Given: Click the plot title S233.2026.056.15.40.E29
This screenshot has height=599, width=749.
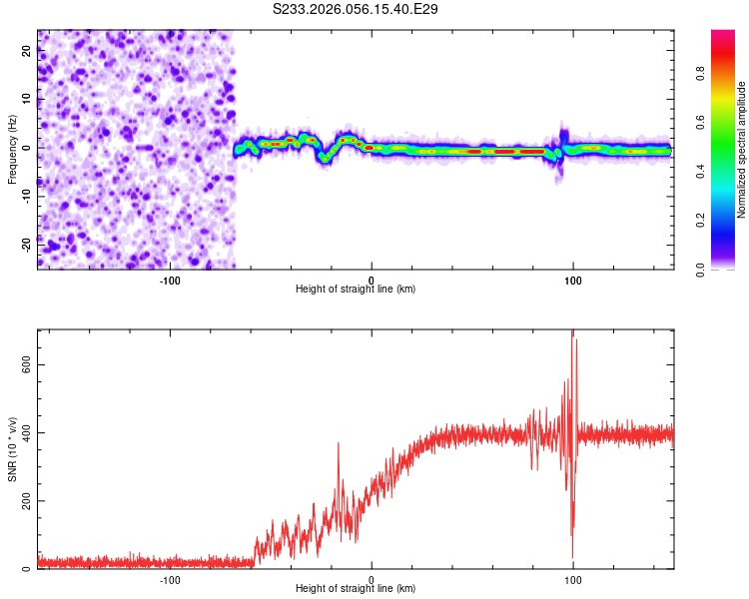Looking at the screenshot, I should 356,9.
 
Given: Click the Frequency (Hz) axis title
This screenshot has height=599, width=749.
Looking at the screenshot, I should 12,148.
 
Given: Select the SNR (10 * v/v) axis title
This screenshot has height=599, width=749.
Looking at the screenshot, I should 12,449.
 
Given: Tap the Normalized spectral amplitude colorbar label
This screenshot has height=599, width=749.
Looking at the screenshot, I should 742,150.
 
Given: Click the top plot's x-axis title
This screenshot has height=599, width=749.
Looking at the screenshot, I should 356,289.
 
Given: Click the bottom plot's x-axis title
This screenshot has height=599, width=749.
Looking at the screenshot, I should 356,588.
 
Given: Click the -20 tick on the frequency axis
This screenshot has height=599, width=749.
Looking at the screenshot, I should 27,243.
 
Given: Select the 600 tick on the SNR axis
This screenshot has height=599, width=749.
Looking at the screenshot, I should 25,364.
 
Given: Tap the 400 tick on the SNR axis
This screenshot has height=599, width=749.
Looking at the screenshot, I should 25,432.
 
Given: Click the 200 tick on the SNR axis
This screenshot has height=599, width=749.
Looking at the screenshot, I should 25,500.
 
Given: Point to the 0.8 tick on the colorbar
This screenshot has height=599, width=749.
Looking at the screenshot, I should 702,73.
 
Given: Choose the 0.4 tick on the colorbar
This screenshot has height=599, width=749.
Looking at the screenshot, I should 702,171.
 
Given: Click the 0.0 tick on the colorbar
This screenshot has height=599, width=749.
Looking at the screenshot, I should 702,269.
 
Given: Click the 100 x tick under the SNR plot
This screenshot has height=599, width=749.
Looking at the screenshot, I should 573,578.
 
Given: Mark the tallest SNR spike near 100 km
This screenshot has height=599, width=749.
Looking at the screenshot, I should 572,332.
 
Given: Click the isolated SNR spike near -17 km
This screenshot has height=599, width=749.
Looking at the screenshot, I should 338,444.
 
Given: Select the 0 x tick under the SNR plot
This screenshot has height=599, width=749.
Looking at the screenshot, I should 372,578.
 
